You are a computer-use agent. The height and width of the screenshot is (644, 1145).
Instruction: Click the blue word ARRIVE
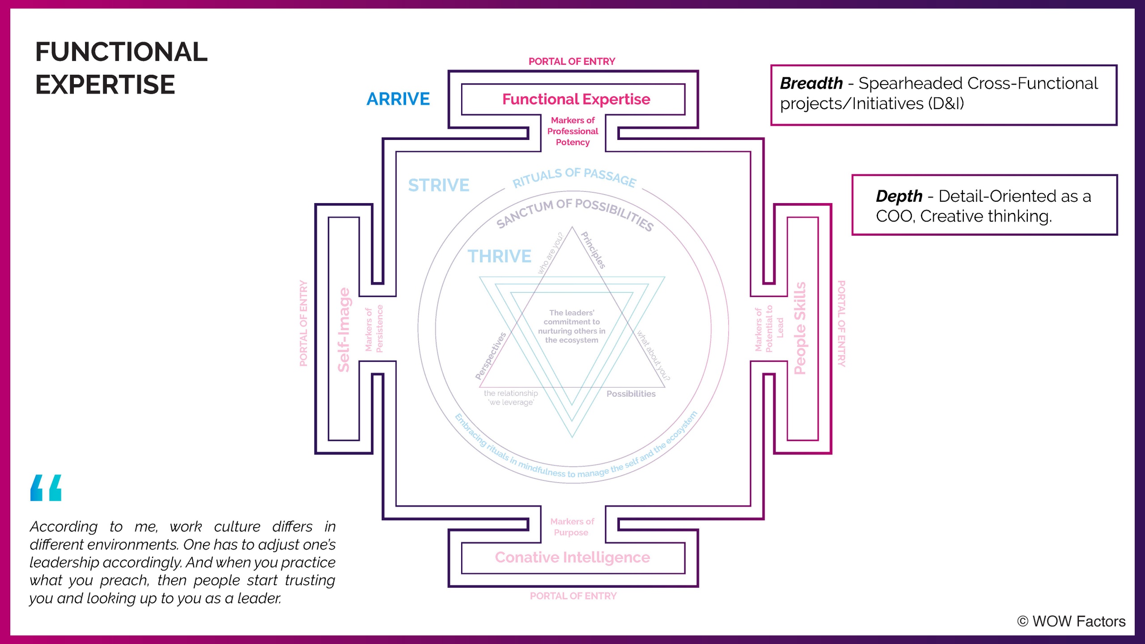tap(398, 99)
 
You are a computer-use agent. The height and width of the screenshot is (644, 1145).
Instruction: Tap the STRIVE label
tap(438, 185)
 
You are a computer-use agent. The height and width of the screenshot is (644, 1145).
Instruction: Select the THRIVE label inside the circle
tap(499, 256)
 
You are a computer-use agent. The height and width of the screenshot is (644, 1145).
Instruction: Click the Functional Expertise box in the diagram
tap(576, 99)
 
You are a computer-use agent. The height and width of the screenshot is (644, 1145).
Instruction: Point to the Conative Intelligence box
tap(572, 557)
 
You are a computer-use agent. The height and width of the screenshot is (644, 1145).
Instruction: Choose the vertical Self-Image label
tap(343, 330)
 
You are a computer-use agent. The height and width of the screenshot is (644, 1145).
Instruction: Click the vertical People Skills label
tap(799, 328)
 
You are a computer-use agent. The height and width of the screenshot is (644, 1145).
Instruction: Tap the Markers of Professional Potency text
tap(572, 131)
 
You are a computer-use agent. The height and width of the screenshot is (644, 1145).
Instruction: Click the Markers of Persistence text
tap(374, 329)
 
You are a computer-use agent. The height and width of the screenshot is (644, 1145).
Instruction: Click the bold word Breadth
tap(811, 83)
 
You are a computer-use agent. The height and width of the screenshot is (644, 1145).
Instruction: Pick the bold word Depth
tap(899, 196)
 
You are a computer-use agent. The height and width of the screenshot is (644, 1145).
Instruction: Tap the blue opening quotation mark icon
tap(46, 488)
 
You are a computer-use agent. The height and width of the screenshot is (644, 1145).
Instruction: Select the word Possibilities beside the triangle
tap(631, 394)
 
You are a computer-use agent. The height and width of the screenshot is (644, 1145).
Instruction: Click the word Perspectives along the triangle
tap(491, 356)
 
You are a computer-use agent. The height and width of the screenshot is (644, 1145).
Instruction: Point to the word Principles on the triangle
tap(593, 250)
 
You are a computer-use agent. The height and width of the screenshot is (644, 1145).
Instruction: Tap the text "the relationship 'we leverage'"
tap(511, 398)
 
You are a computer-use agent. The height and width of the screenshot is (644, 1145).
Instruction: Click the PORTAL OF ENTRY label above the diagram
tap(572, 61)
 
